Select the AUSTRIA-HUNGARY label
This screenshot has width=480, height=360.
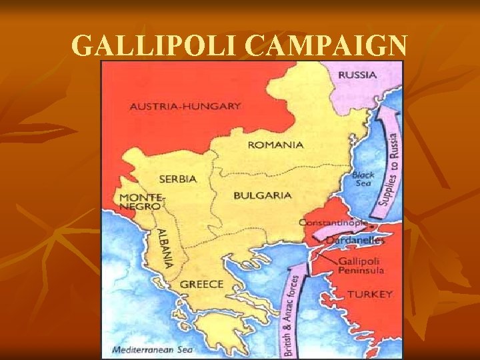point(185,106)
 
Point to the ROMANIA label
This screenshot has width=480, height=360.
point(275,145)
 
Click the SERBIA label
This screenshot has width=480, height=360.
point(177,179)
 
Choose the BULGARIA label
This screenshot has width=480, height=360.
point(263,195)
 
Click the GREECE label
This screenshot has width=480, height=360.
point(201,284)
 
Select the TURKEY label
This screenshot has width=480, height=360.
point(370,294)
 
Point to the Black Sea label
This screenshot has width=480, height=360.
point(363,179)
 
